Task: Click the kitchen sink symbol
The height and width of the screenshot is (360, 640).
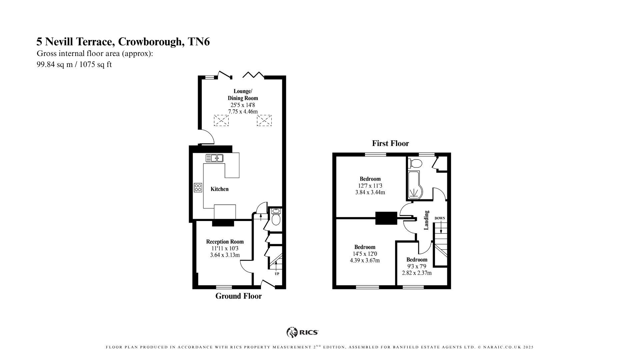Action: coord(214,158)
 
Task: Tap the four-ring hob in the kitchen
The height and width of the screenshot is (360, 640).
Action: coord(198,188)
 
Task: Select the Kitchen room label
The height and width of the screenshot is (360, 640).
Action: coord(220,189)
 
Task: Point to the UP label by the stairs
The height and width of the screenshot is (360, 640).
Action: coord(277,274)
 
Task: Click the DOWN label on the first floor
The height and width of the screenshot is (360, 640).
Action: coord(440,218)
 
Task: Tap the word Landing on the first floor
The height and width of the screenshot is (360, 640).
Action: coord(426,220)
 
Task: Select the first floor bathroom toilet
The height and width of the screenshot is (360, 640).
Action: coord(415,163)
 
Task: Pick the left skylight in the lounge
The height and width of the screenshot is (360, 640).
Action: coord(221,120)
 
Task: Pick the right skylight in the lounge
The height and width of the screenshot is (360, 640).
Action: coord(264,120)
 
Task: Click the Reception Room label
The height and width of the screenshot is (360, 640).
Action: coord(225,242)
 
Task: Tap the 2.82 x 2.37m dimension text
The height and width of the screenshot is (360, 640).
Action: coord(417,273)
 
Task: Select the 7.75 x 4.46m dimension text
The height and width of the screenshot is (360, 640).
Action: coord(243,112)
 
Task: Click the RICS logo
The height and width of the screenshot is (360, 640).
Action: coord(302,332)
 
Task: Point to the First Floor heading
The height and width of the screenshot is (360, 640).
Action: coord(390,143)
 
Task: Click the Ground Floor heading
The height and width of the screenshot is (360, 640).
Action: coord(238,296)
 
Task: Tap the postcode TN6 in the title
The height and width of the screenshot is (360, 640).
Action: coord(199,42)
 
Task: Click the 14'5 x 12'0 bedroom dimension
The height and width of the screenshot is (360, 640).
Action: coord(365,254)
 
